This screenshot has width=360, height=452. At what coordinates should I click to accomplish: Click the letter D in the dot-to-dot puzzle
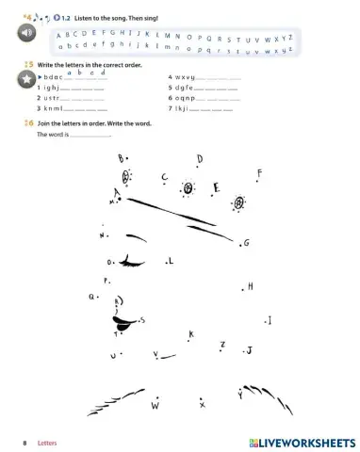(x=199, y=158)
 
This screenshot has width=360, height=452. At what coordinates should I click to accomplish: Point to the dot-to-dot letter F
(x=259, y=173)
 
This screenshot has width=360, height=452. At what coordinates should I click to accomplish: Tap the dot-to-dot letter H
(x=251, y=286)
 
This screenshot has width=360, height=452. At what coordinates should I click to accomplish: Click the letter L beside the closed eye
(x=171, y=261)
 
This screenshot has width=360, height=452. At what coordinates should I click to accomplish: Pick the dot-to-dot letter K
(x=191, y=334)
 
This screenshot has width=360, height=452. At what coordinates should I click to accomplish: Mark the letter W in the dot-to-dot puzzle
(x=155, y=407)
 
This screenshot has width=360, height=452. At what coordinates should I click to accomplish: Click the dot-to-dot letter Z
(x=222, y=345)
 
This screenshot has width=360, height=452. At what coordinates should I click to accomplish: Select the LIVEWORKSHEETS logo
(x=301, y=441)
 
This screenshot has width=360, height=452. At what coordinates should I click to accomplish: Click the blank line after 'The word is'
(x=91, y=137)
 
